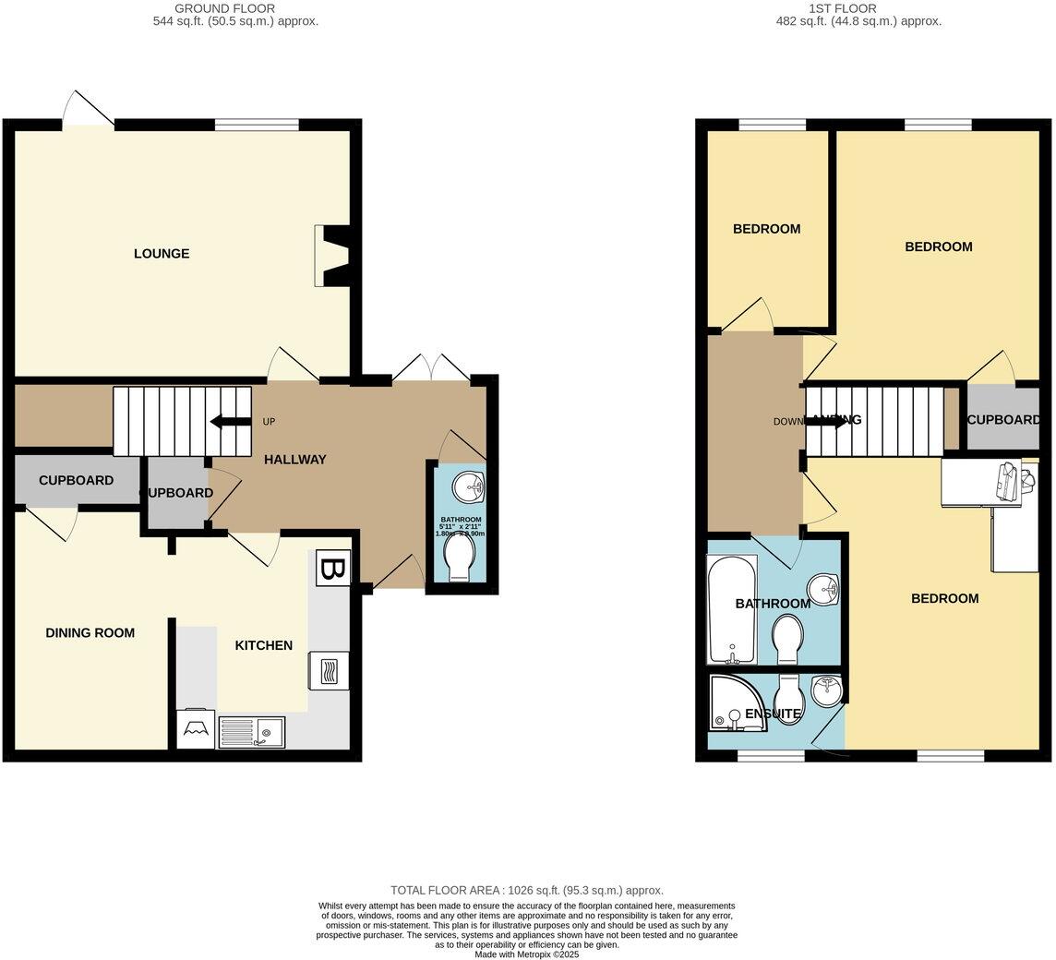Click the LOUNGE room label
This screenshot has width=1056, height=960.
click(162, 254)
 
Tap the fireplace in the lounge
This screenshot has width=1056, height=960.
click(330, 257)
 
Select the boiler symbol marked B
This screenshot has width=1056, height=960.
click(332, 569)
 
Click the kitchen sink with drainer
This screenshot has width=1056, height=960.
click(252, 733)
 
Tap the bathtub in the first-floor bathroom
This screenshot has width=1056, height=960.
click(731, 609)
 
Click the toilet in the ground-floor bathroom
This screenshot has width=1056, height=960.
click(458, 559)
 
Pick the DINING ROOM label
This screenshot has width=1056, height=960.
click(90, 633)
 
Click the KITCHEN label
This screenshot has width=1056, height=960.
click(263, 645)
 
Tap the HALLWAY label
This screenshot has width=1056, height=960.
click(295, 460)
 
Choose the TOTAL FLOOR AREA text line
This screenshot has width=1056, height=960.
click(527, 891)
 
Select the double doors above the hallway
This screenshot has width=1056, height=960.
click(431, 367)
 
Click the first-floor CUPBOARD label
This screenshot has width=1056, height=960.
click(1003, 420)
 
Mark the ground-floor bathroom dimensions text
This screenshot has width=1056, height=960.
click(461, 527)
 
